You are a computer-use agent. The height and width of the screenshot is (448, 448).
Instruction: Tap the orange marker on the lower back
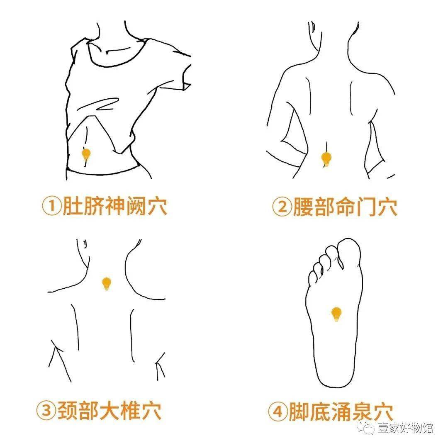click(x=326, y=158)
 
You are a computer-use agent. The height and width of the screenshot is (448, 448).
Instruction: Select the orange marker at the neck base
click(x=107, y=284)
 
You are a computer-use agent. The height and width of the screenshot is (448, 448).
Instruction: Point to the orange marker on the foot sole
click(x=336, y=314)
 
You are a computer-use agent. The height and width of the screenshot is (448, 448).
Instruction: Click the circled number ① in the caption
click(x=52, y=206)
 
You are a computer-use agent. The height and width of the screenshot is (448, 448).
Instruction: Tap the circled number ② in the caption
click(x=282, y=207)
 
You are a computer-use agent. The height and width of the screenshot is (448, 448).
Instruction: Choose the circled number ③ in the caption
click(x=46, y=410)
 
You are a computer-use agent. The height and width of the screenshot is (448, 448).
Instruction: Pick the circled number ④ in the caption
click(x=278, y=411)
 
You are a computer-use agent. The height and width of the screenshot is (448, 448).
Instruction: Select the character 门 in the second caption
click(x=366, y=207)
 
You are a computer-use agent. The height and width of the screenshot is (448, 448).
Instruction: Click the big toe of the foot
click(x=349, y=251)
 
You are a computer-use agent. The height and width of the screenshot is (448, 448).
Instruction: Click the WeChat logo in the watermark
click(x=367, y=427)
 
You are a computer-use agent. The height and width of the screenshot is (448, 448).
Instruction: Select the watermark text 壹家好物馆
click(x=405, y=428)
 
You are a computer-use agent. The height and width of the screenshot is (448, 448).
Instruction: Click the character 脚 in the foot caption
click(x=299, y=411)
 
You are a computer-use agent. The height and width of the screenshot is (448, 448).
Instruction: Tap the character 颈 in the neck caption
click(x=68, y=410)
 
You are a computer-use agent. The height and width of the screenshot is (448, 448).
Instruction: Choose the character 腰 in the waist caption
click(x=303, y=207)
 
